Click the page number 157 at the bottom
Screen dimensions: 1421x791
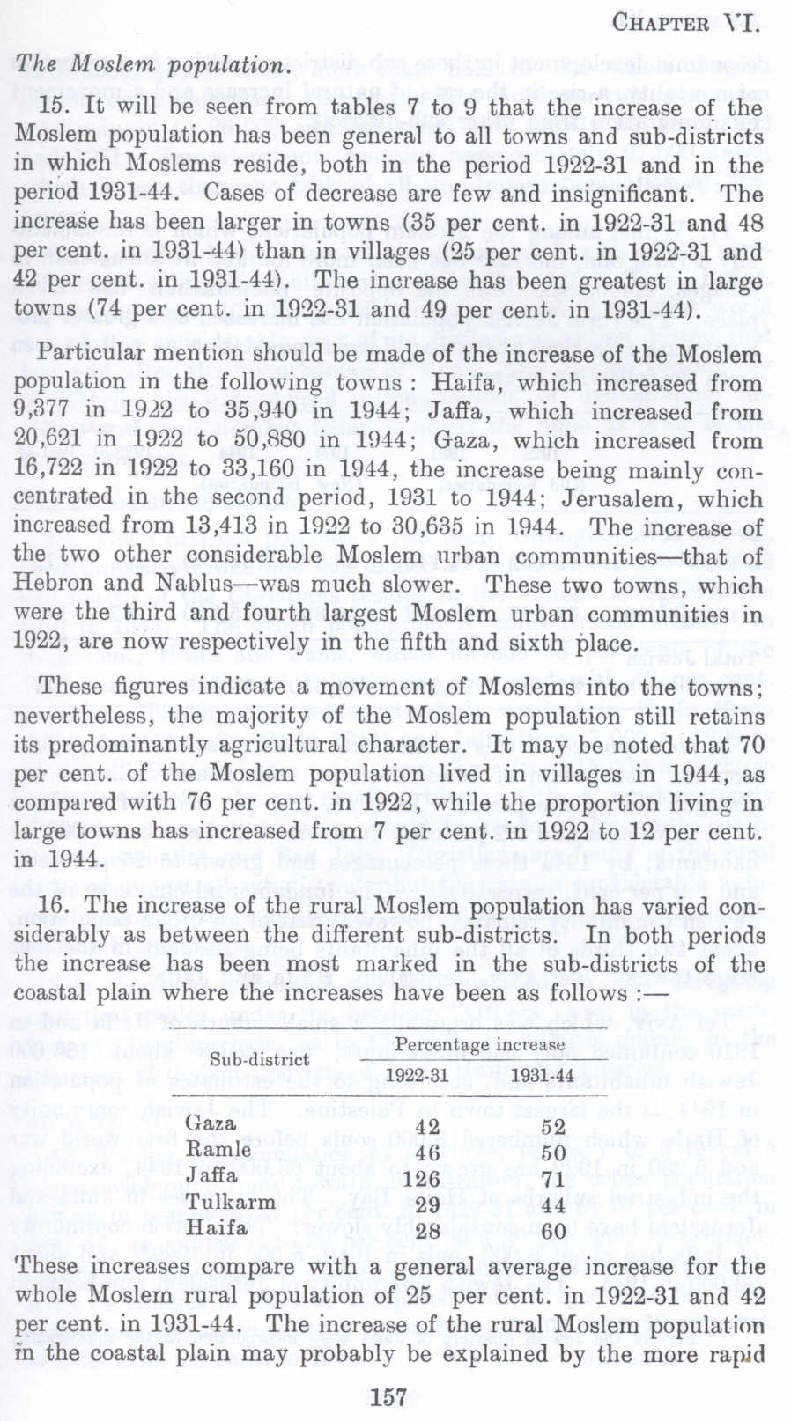point(389,1396)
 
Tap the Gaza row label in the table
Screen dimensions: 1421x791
point(211,1123)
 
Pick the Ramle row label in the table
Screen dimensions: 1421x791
point(218,1149)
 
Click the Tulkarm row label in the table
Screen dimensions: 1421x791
point(231,1202)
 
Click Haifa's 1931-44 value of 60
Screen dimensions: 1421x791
point(553,1230)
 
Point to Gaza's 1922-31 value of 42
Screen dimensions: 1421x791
point(426,1127)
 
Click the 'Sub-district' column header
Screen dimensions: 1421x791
point(259,1059)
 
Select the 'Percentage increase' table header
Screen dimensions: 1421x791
point(473,1044)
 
